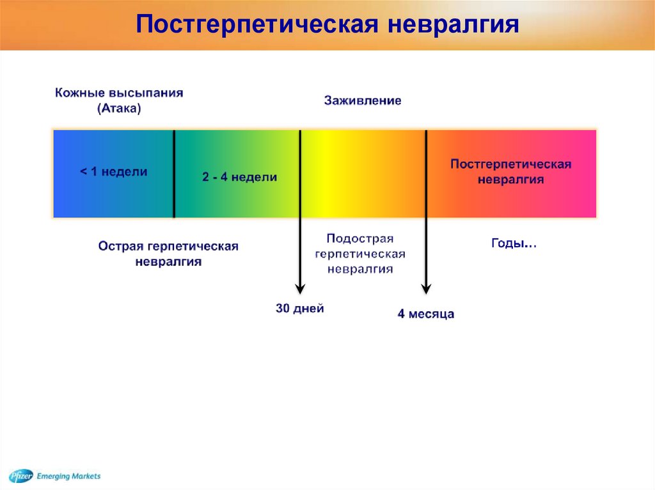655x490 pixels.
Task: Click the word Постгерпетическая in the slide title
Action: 257,24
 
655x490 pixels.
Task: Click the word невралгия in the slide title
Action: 454,24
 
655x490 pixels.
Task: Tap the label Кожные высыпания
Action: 119,93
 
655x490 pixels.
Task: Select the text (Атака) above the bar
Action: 119,109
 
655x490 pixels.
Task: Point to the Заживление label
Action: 363,100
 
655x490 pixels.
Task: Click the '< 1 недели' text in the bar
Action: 114,172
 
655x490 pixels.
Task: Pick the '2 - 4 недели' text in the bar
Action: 239,177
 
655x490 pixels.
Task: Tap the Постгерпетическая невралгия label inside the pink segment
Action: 510,172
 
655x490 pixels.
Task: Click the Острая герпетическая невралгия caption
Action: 168,254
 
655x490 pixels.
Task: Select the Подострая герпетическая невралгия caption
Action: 360,254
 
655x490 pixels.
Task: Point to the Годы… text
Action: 514,243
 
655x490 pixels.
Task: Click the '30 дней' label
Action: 300,309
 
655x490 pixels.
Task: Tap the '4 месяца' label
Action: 425,314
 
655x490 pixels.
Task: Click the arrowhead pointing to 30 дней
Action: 300,289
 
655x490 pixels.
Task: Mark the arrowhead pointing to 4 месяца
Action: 426,289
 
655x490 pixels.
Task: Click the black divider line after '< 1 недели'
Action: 174,174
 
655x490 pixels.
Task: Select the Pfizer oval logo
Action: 21,476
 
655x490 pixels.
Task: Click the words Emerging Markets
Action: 68,476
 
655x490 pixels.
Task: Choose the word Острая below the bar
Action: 121,246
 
